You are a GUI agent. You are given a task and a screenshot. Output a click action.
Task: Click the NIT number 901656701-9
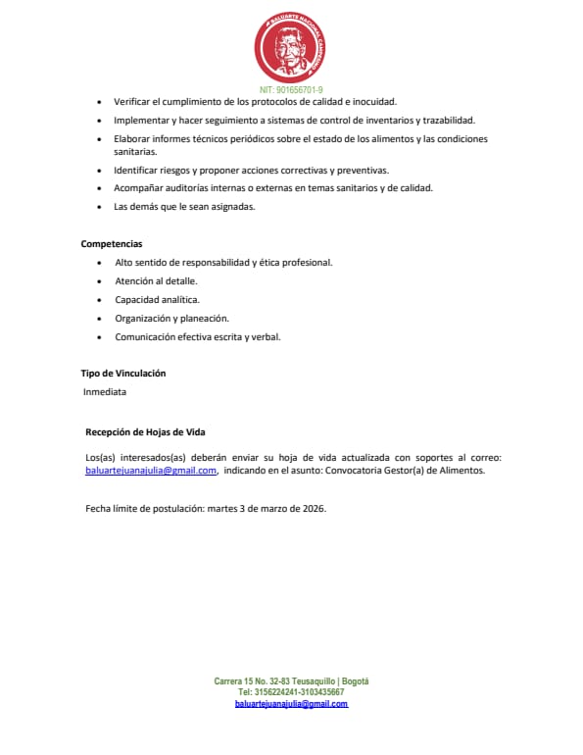pos(291,89)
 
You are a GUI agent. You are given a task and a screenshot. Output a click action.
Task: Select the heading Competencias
pos(112,243)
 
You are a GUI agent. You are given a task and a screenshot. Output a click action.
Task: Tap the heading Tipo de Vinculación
pos(122,374)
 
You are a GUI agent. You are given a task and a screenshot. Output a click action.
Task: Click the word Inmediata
pos(105,392)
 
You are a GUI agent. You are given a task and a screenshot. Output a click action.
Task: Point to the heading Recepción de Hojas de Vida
pos(145,432)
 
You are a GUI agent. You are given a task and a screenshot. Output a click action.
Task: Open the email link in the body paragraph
pos(151,471)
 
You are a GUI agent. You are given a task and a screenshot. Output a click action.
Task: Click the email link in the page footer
pos(291,704)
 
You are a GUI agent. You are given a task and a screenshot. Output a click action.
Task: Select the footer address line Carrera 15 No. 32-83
pos(291,681)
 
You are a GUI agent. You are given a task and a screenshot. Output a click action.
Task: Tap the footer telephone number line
pos(291,692)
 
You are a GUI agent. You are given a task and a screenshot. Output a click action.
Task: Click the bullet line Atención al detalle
pos(156,281)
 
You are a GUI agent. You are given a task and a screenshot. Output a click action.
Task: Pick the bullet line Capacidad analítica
pos(157,300)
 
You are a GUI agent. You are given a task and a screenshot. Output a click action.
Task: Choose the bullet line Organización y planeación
pos(171,319)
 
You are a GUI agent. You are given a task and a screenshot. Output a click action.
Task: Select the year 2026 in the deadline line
pos(313,509)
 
